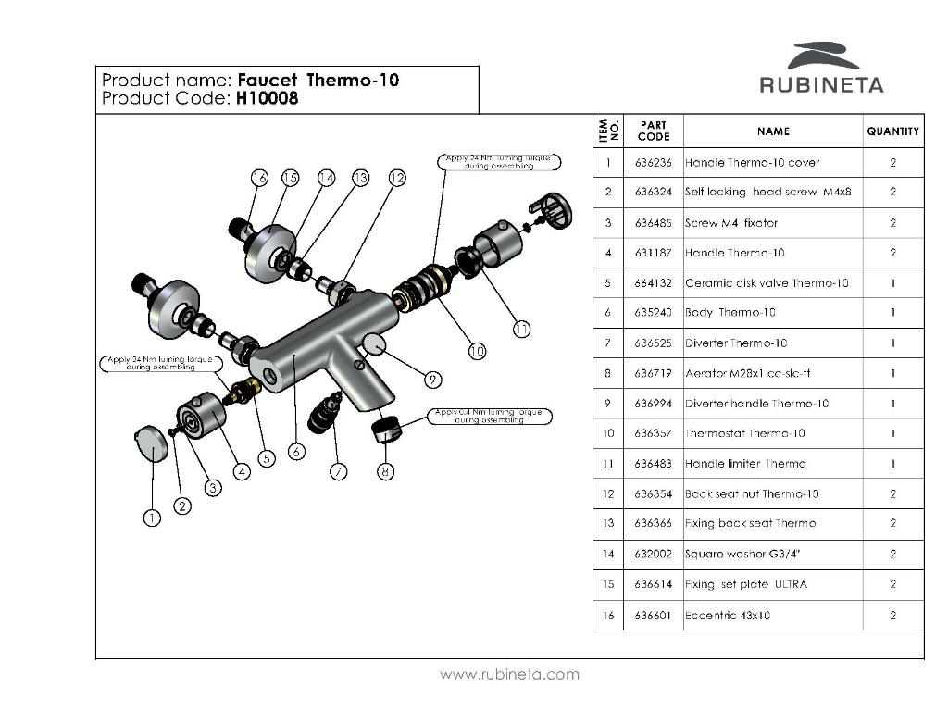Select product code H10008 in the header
267,99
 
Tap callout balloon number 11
521,328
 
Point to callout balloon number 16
258,177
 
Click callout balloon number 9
431,379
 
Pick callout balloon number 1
152,518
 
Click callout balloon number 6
295,452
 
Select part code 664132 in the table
653,283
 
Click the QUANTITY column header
892,131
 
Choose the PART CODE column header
653,131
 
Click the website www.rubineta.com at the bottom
509,674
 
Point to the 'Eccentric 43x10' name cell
728,616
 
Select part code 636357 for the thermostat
653,433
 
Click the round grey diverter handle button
374,344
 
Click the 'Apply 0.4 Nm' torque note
489,416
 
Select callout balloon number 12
396,177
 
